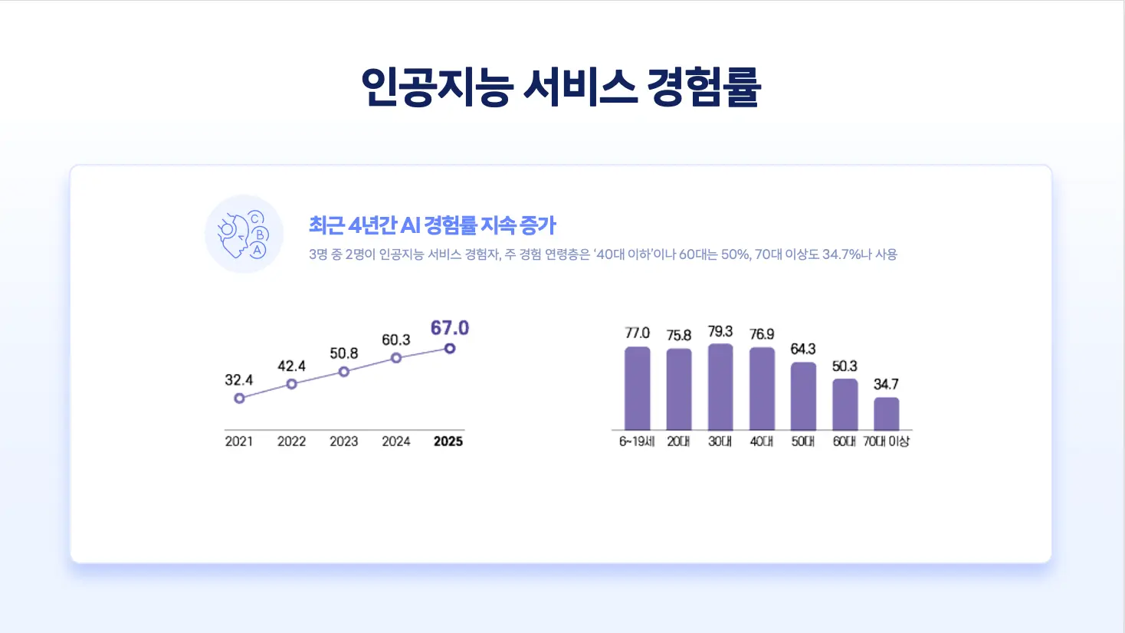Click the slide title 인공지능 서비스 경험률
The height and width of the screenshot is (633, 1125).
[x=561, y=87]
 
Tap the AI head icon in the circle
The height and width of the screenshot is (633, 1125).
[x=244, y=234]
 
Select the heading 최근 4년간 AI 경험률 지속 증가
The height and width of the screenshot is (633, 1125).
[x=432, y=225]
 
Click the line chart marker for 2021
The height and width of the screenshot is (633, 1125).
[x=239, y=398]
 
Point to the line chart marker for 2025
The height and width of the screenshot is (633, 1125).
[x=450, y=349]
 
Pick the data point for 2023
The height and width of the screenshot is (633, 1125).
[x=344, y=372]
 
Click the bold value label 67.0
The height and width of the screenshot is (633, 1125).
[x=449, y=328]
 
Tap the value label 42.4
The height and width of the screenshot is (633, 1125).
[x=291, y=366]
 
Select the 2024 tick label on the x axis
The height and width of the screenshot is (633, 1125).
[x=396, y=441]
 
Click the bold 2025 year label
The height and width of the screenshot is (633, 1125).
[x=448, y=441]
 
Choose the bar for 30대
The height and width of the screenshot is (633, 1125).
[x=720, y=387]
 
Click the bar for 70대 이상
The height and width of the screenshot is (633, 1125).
[x=887, y=414]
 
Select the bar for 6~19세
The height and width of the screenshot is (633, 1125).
[x=637, y=389]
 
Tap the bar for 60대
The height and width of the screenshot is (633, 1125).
[x=845, y=405]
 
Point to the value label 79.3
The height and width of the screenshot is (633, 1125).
[x=720, y=332]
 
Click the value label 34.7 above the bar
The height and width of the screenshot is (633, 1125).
[x=886, y=384]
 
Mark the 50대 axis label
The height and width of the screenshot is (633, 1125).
[x=803, y=441]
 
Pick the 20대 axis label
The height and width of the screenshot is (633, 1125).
[x=678, y=441]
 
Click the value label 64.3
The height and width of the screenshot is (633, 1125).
[x=803, y=349]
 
